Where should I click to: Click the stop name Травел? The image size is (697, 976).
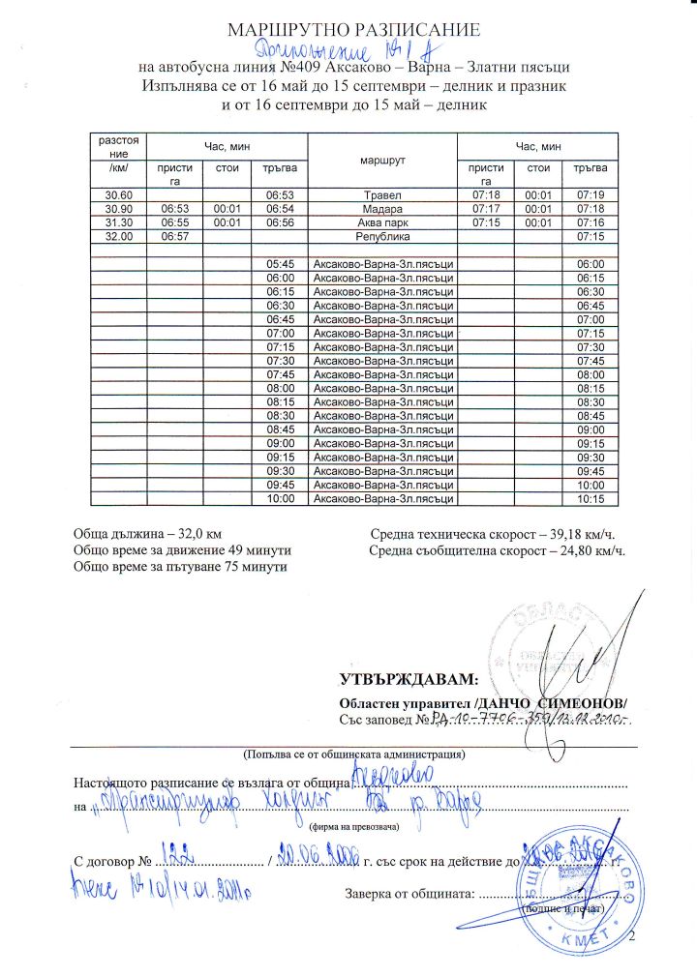[380, 196]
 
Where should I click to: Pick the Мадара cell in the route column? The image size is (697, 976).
[380, 208]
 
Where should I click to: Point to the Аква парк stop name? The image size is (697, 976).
[380, 222]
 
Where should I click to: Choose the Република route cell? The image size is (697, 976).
[380, 235]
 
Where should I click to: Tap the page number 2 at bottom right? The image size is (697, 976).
[635, 939]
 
